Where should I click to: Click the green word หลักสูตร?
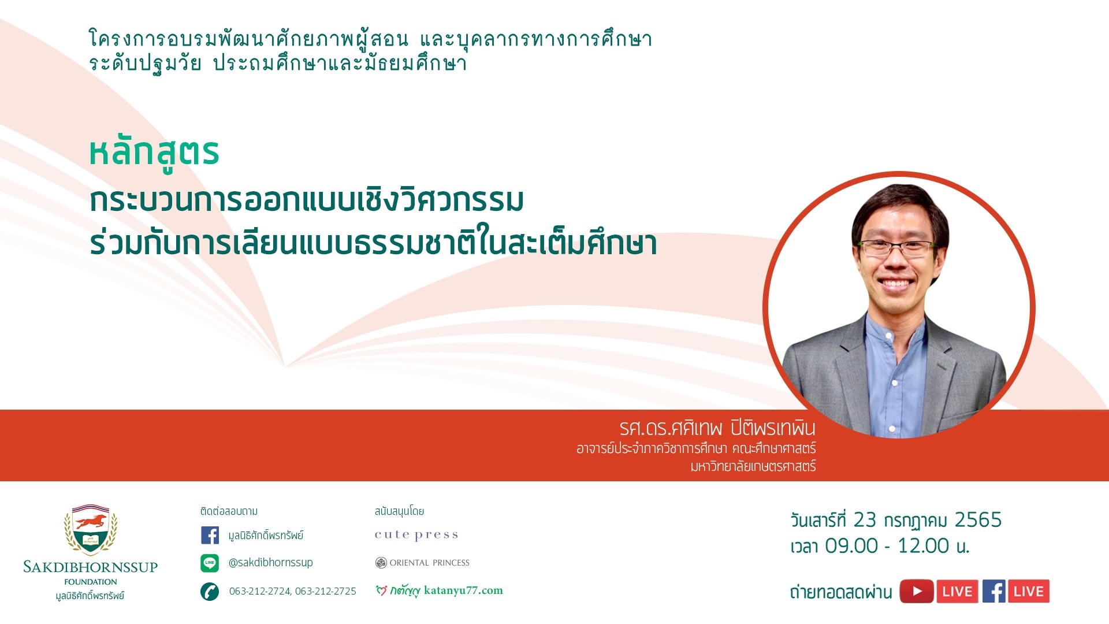(154, 153)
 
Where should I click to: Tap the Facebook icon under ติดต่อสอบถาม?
(210, 535)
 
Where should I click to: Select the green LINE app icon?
(210, 563)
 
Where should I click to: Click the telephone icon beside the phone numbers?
(210, 592)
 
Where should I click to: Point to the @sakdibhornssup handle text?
(271, 562)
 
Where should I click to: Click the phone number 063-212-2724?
(260, 591)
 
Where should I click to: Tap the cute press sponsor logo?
(416, 535)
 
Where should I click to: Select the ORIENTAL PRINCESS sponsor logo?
(422, 563)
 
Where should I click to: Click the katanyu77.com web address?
(463, 590)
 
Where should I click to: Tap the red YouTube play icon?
(917, 591)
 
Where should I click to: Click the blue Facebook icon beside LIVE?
(994, 591)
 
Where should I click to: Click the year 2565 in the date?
(978, 520)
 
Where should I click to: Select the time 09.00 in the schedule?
(851, 545)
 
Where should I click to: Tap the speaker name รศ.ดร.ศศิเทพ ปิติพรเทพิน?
(717, 428)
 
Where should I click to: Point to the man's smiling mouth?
(896, 284)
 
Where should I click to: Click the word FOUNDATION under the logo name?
(91, 582)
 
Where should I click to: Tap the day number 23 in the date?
(865, 520)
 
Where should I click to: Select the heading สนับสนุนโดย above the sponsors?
(399, 511)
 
